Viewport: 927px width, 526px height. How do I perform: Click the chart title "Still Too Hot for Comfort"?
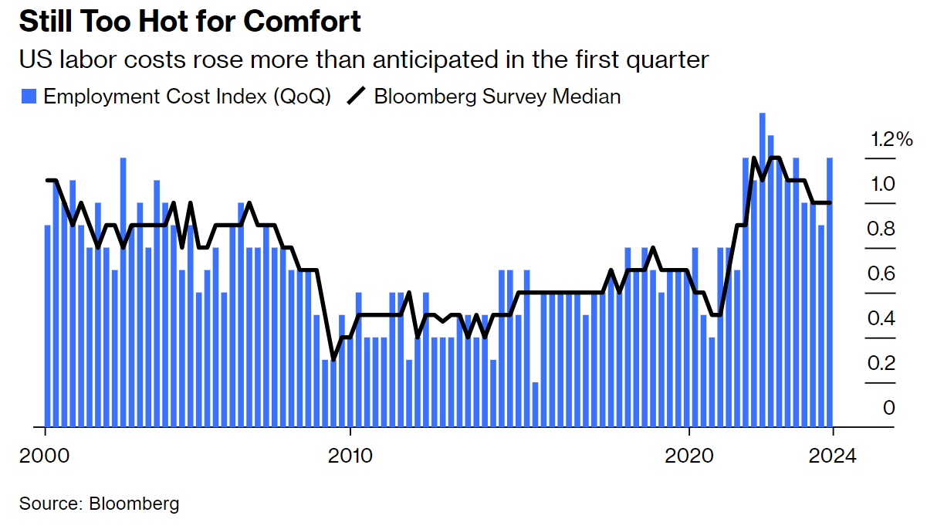tap(190, 22)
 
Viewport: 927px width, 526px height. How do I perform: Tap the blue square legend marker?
tap(29, 97)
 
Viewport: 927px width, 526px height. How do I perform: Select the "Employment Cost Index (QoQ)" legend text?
tap(188, 97)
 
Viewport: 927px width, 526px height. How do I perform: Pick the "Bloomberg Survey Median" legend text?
tap(497, 97)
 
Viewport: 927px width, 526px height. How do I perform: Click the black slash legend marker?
tap(357, 97)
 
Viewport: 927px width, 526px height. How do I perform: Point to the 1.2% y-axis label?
tap(891, 140)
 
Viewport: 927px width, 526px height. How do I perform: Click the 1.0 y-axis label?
tap(882, 185)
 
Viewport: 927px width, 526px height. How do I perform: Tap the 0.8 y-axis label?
tap(882, 229)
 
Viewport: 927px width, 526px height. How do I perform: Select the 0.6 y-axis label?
tap(882, 274)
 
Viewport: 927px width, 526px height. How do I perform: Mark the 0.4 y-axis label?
tap(882, 319)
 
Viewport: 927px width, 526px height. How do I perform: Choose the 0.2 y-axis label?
tap(882, 364)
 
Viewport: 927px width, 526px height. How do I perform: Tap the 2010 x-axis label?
tap(350, 456)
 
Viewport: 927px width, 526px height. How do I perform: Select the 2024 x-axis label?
tap(833, 456)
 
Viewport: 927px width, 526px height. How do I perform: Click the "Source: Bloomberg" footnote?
tap(100, 504)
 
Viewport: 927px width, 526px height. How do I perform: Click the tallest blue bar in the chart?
tap(763, 270)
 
